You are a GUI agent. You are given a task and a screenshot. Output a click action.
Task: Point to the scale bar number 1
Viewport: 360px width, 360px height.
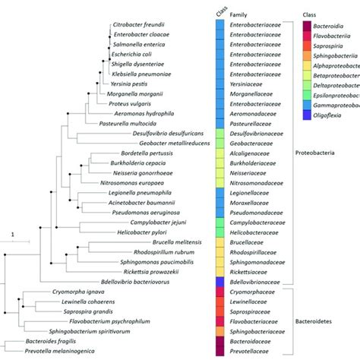pyautogui.click(x=12, y=234)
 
